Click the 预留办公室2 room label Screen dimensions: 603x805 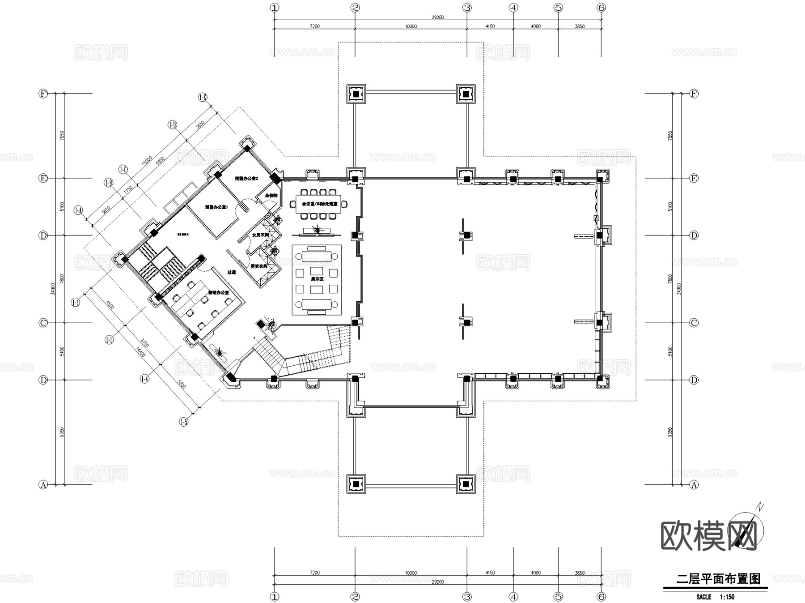click(x=246, y=179)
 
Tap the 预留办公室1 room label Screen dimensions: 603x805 click(x=216, y=207)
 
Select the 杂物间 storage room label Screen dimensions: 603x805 click(x=271, y=196)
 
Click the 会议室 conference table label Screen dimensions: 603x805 click(x=319, y=204)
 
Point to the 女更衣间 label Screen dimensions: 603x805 click(x=260, y=235)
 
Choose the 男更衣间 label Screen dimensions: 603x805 click(x=258, y=266)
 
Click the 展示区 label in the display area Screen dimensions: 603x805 click(x=317, y=279)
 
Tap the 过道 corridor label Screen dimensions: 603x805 click(x=231, y=272)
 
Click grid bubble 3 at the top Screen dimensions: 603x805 click(x=467, y=8)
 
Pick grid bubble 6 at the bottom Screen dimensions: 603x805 click(x=601, y=597)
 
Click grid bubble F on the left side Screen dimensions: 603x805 click(x=43, y=94)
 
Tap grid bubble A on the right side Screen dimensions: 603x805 click(x=694, y=485)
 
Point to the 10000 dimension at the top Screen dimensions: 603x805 click(x=411, y=26)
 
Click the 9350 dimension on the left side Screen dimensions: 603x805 click(x=62, y=432)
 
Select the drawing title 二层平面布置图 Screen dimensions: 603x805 click(x=718, y=579)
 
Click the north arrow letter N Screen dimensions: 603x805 click(x=759, y=507)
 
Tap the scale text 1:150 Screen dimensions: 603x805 click(x=727, y=597)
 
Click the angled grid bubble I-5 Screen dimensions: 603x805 click(x=183, y=422)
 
